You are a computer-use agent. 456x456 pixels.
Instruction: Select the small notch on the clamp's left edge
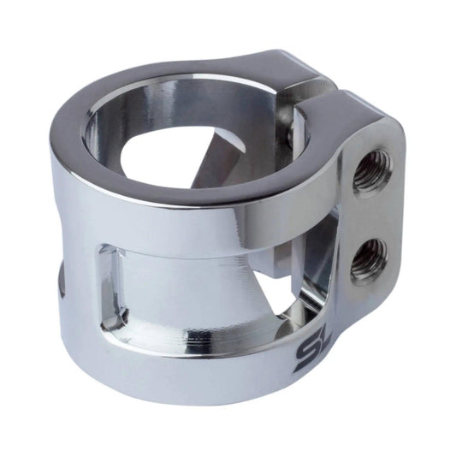coord(59,282)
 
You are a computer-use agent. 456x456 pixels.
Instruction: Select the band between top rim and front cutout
coord(171,227)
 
